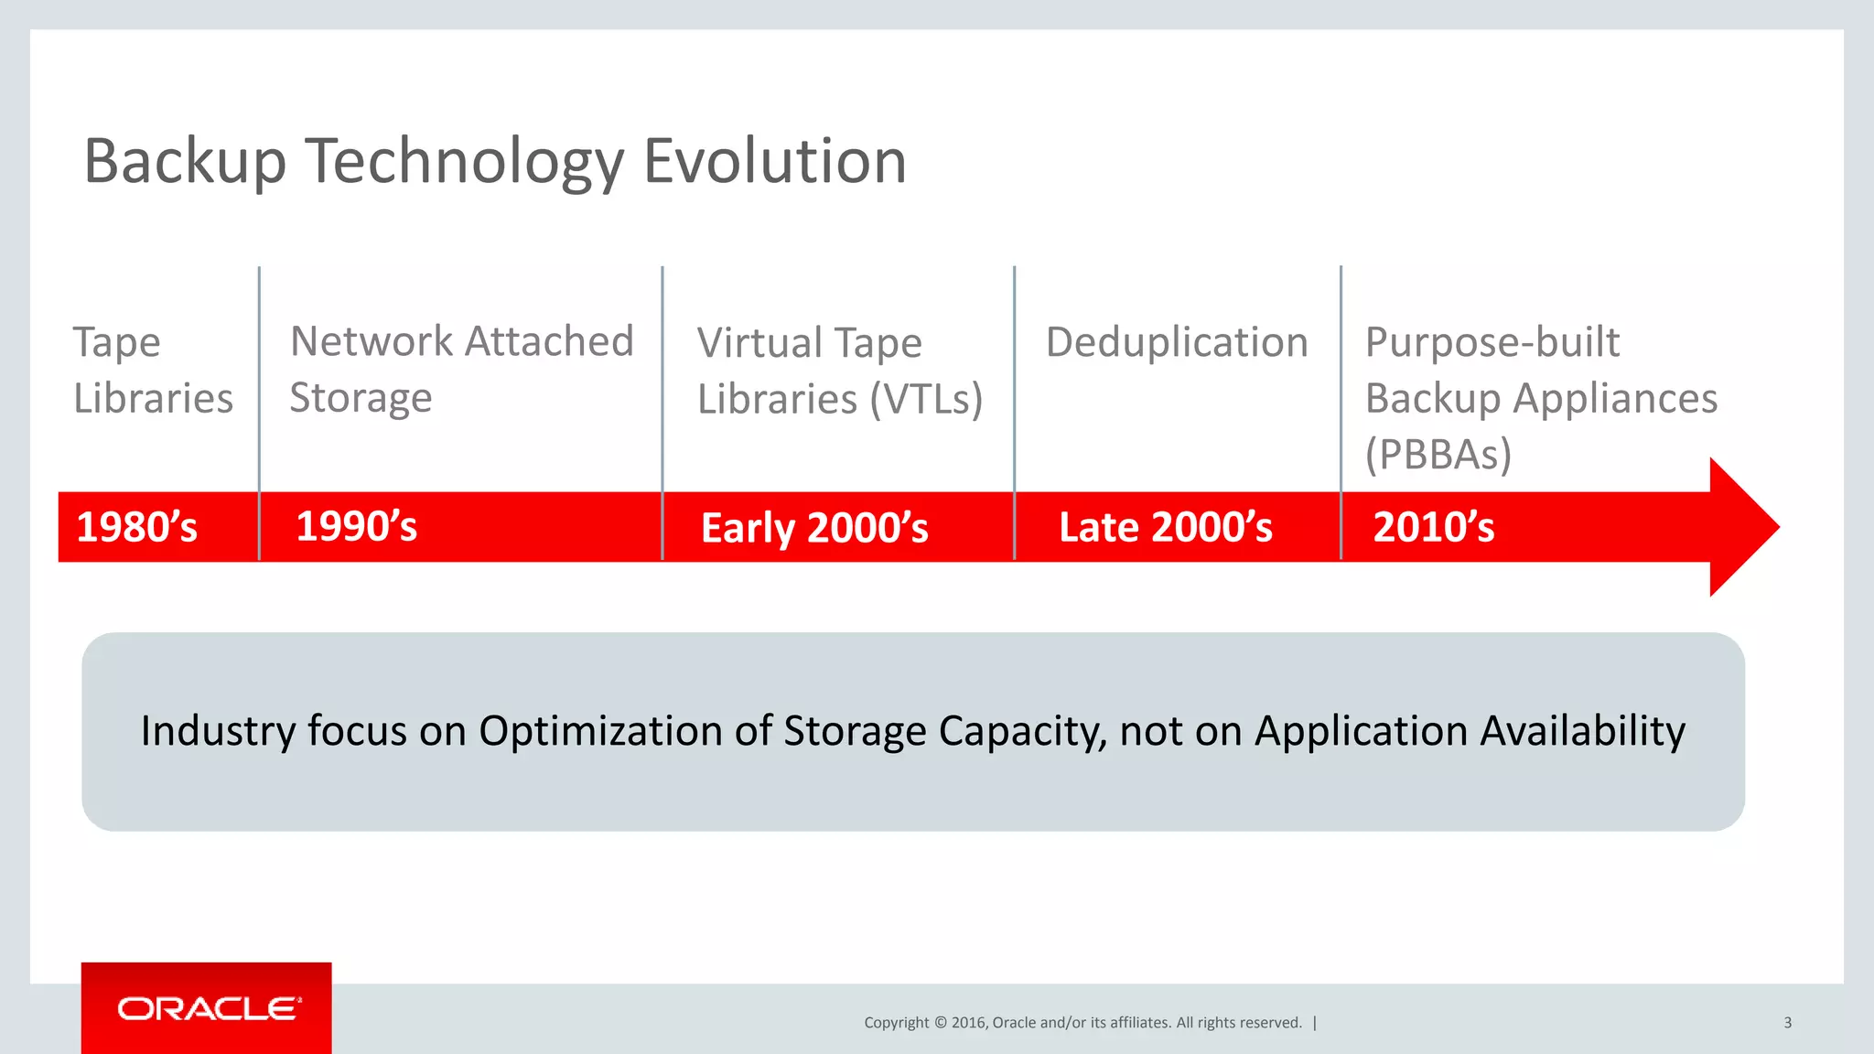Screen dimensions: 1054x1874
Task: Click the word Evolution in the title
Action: point(774,161)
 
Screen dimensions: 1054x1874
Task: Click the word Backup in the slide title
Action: point(185,161)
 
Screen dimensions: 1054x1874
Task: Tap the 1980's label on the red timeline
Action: point(137,527)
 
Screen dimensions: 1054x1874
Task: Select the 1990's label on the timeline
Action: point(357,526)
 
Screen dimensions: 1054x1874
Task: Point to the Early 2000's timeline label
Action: point(814,528)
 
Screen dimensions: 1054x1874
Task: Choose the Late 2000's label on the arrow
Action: point(1166,527)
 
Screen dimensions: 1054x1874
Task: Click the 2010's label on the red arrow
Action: point(1434,527)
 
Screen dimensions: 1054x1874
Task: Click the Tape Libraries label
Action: point(152,371)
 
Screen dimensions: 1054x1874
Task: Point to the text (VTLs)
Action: point(926,399)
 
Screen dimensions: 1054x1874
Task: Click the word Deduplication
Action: point(1177,342)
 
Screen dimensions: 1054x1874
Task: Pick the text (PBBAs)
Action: point(1438,454)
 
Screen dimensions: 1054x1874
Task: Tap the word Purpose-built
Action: point(1492,342)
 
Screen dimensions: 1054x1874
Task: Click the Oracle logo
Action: point(207,1008)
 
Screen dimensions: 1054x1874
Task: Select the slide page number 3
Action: point(1787,1022)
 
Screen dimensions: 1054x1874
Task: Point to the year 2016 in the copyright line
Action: point(968,1023)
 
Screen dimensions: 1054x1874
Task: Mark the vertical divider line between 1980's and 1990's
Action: point(260,412)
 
